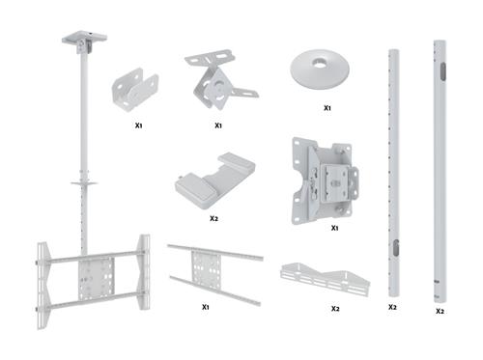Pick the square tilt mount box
tap(326, 180)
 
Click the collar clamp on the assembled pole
tap(84, 180)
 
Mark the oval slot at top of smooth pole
tap(440, 69)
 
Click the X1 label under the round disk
tap(327, 109)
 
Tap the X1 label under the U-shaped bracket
tap(139, 125)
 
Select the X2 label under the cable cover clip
tap(214, 219)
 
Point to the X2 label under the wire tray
tap(335, 309)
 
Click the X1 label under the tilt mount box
tap(333, 228)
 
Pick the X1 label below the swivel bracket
tap(218, 125)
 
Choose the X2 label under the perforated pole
tap(393, 307)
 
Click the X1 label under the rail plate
tap(207, 307)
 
